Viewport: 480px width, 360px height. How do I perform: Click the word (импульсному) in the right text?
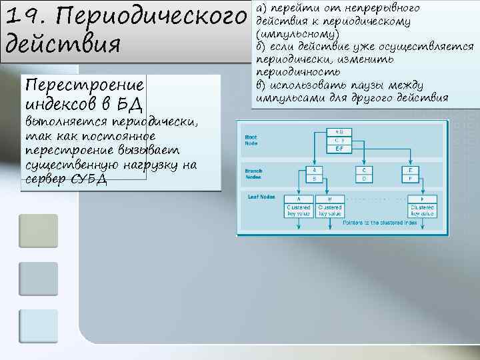click(x=297, y=34)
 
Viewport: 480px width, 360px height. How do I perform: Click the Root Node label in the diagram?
click(x=251, y=139)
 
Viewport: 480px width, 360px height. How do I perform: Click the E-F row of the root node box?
click(x=339, y=149)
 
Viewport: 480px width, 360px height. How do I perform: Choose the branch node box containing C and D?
click(x=363, y=175)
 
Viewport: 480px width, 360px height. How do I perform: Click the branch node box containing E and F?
click(x=410, y=175)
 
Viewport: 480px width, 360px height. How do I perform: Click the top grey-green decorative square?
click(x=38, y=230)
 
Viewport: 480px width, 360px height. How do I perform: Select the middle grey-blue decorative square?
click(x=38, y=278)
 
